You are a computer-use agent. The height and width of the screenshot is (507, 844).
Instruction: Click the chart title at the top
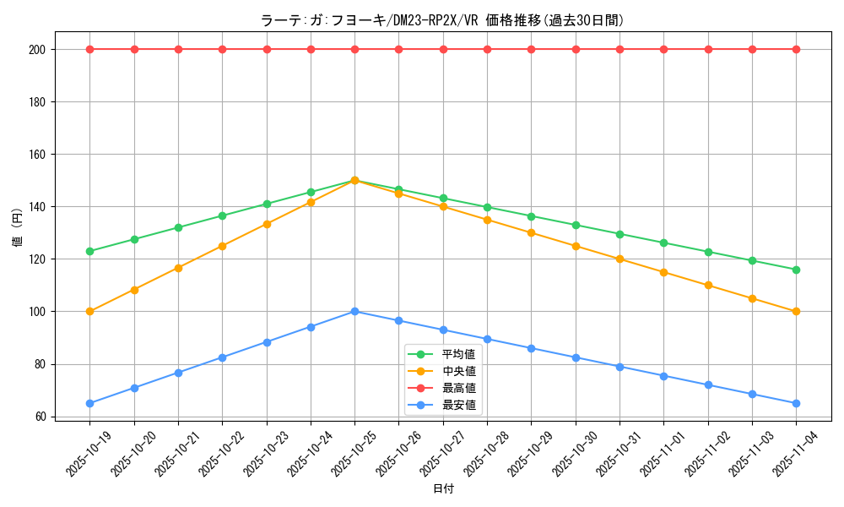(x=442, y=20)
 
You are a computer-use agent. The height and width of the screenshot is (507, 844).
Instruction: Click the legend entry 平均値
(x=458, y=354)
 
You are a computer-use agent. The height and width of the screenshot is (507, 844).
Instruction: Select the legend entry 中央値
(x=458, y=371)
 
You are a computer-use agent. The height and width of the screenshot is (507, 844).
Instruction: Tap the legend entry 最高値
(x=458, y=388)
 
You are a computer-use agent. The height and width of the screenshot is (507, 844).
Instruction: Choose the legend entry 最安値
(x=458, y=405)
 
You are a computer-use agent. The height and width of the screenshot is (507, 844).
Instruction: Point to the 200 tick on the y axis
(x=36, y=49)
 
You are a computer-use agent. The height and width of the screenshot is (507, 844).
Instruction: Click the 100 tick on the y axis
(x=36, y=312)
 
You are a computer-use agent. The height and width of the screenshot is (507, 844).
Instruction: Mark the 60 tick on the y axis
(x=40, y=417)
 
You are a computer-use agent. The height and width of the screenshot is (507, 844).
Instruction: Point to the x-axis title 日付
(x=443, y=489)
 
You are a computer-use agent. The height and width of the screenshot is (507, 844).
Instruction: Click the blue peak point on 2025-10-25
(x=354, y=312)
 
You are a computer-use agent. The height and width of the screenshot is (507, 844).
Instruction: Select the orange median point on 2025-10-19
(x=89, y=312)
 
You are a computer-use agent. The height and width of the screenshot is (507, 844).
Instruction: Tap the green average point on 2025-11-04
(x=796, y=270)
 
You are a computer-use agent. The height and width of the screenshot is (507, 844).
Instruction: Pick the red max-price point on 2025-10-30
(x=576, y=49)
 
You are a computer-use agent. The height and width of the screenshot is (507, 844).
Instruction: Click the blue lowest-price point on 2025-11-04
(x=796, y=403)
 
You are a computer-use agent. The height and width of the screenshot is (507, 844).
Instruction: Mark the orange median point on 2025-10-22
(x=222, y=246)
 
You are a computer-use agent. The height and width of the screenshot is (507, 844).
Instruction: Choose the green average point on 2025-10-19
(x=89, y=251)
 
